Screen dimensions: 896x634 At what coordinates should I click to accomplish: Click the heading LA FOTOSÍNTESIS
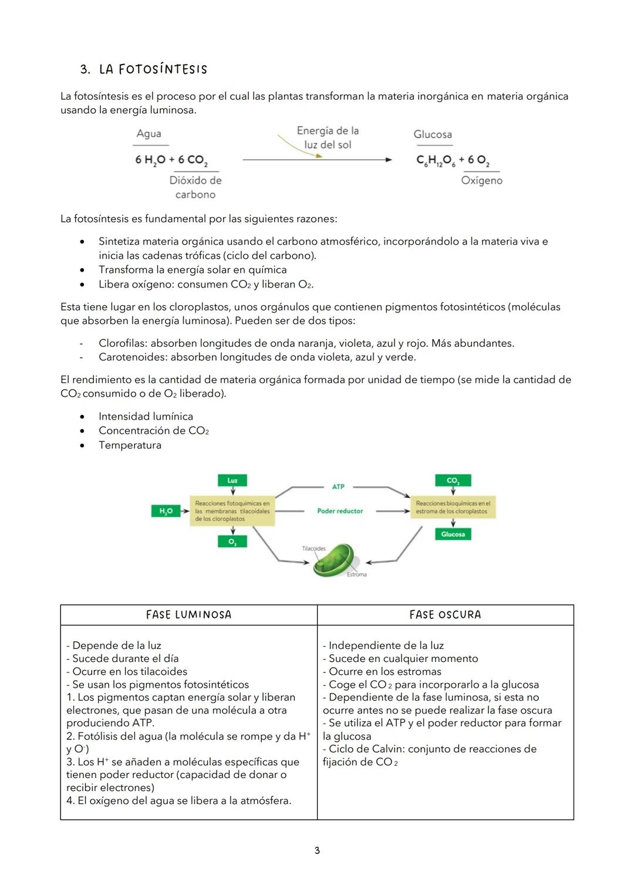coord(153,69)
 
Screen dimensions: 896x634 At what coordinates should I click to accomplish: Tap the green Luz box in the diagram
coord(232,481)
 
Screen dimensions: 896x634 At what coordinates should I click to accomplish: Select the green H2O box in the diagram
coord(166,512)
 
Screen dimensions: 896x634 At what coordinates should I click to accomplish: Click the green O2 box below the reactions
coord(232,542)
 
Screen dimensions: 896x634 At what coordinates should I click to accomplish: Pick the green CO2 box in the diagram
coord(453,481)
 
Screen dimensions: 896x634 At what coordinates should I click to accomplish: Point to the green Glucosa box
coord(453,534)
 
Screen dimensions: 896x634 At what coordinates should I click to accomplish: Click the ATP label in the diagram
coord(338,487)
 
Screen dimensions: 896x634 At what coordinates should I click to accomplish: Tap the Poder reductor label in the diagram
coord(340,511)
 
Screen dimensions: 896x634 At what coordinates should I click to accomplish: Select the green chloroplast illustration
coord(334,560)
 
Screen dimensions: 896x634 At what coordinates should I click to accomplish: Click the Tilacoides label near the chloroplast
coord(313,549)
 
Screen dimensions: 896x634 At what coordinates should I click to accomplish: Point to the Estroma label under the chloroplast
coord(356,574)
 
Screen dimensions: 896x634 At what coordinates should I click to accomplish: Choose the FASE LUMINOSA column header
coord(188,615)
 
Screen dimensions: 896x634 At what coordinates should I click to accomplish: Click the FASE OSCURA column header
coord(445,615)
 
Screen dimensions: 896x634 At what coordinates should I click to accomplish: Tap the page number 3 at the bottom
coord(317,850)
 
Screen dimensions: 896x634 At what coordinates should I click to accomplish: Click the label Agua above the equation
coord(149,134)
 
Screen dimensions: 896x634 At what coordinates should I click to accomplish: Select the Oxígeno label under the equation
coord(481,181)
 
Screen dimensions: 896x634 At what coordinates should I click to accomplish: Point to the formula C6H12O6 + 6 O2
coord(453,160)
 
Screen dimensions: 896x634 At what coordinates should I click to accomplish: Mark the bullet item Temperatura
coord(130,445)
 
